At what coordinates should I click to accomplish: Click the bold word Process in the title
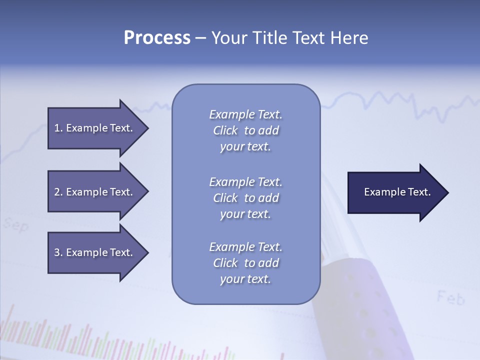(157, 38)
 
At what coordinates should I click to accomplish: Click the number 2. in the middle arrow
(58, 192)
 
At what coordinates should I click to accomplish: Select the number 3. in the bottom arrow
(58, 252)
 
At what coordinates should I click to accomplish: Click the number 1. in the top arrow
(58, 128)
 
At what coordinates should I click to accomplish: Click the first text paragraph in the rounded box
(245, 130)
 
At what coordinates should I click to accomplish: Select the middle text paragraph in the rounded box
(245, 198)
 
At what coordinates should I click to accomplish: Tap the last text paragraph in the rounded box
(245, 263)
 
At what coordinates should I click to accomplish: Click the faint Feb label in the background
(450, 298)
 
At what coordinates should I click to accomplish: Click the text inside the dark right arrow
(397, 192)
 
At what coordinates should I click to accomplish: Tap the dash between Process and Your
(200, 38)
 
